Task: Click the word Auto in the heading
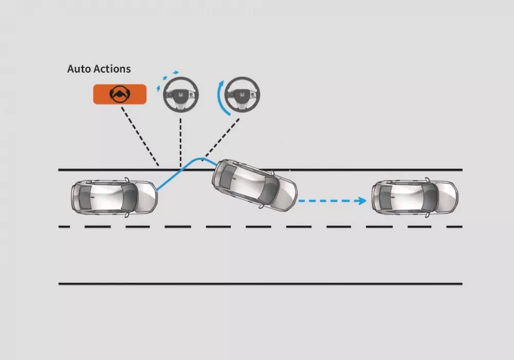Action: (78, 69)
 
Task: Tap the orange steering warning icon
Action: (120, 94)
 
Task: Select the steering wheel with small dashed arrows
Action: (180, 94)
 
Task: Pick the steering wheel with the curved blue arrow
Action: (243, 94)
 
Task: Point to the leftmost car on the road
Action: (114, 197)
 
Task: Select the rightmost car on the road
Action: (415, 196)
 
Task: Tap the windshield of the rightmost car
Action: (429, 196)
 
